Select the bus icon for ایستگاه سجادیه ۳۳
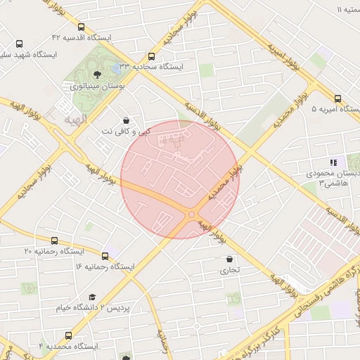click(x=151, y=56)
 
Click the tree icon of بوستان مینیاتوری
click(x=96, y=72)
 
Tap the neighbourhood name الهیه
click(x=74, y=120)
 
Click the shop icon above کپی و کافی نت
click(x=125, y=120)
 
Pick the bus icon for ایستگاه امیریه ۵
click(x=337, y=98)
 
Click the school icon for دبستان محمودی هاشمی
click(x=333, y=162)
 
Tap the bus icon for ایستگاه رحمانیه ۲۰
click(x=55, y=240)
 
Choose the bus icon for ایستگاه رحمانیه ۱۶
click(x=105, y=256)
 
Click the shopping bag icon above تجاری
click(x=230, y=259)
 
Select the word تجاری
click(x=230, y=270)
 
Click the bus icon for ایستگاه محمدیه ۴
click(x=68, y=335)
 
